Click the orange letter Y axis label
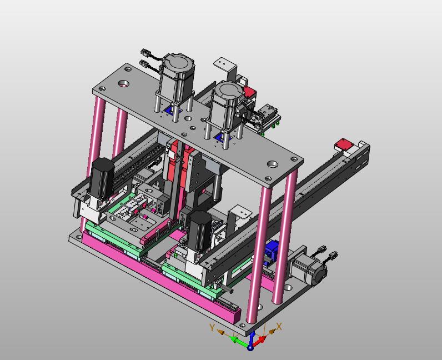click(212, 328)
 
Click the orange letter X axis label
click(279, 327)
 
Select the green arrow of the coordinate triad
click(238, 339)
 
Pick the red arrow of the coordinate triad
click(259, 341)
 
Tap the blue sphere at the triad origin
click(250, 348)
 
